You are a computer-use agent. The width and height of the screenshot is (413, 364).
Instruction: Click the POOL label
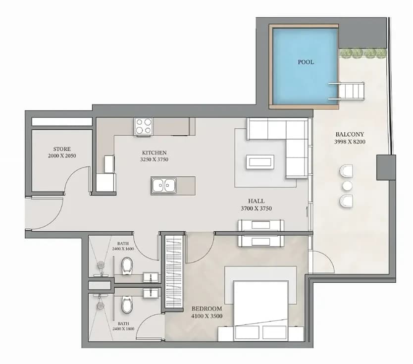coord(306,62)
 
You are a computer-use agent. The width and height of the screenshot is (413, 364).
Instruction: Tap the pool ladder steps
coord(347,91)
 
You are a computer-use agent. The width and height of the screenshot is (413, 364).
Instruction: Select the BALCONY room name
coord(350,134)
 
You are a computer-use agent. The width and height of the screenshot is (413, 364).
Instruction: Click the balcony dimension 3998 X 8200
coord(350,142)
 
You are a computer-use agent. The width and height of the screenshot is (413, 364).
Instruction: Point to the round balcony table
coord(348,186)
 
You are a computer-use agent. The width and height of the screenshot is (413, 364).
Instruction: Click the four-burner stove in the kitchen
coord(144,126)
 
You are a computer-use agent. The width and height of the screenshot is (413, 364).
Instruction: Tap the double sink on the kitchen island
coord(163,185)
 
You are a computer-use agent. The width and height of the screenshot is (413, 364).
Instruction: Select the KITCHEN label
coord(155,153)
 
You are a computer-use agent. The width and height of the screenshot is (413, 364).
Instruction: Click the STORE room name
coord(62,149)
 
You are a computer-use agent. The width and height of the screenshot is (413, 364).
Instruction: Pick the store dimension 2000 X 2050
coord(62,156)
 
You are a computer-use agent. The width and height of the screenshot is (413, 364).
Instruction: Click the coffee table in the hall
coord(260,162)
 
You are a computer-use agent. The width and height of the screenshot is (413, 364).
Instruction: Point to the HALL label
coord(257,201)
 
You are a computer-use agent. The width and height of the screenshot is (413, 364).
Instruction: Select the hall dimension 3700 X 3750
coord(257,208)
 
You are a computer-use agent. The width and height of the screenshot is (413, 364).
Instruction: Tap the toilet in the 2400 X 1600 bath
coord(127,265)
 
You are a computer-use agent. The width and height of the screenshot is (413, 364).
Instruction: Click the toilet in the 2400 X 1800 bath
coord(127,305)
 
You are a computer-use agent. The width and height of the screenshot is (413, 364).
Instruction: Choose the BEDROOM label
coord(207,309)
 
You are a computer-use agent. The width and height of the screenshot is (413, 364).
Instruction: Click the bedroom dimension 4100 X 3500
coord(207,316)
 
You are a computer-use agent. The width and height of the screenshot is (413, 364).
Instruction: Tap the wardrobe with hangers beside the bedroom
coord(174,271)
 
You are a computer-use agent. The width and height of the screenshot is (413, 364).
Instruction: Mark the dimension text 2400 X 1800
coord(123,329)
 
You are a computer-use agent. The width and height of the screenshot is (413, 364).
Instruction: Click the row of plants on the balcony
coord(362,53)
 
